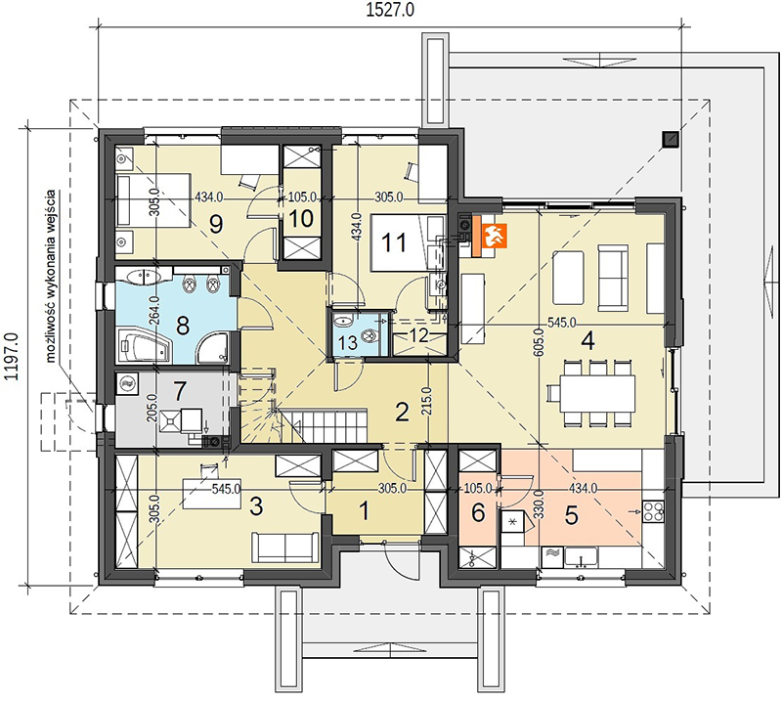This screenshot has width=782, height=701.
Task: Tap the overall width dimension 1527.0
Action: click(x=390, y=11)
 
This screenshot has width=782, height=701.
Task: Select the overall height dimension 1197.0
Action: click(x=11, y=357)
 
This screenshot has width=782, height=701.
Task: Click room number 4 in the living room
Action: click(x=588, y=342)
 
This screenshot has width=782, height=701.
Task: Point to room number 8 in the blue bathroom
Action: click(x=183, y=327)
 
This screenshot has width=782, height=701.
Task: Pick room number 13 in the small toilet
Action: click(x=347, y=343)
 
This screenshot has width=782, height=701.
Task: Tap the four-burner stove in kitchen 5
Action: click(x=653, y=511)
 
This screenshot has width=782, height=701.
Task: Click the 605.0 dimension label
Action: click(x=539, y=342)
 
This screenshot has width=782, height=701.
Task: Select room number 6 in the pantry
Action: click(x=478, y=512)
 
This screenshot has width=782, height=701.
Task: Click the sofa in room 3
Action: click(x=285, y=548)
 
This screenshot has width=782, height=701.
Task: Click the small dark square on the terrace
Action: click(x=671, y=140)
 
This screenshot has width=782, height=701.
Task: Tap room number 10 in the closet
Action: click(x=301, y=219)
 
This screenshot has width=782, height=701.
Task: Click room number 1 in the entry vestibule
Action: click(x=365, y=511)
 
